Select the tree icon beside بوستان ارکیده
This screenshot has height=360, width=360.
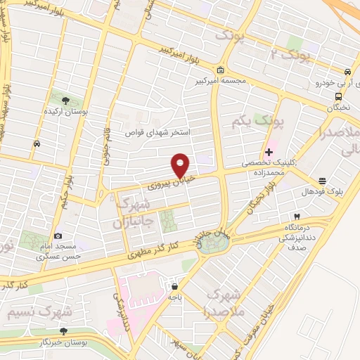[66, 101]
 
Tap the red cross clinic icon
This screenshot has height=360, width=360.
[269, 151]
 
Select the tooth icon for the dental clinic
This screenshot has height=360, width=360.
[297, 215]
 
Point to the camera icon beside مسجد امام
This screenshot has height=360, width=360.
[58, 236]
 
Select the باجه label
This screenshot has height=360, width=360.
[174, 297]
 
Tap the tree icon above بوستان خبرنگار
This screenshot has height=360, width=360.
[64, 330]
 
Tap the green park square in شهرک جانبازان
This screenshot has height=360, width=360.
[168, 222]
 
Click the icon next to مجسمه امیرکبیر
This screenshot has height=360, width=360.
[220, 70]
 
